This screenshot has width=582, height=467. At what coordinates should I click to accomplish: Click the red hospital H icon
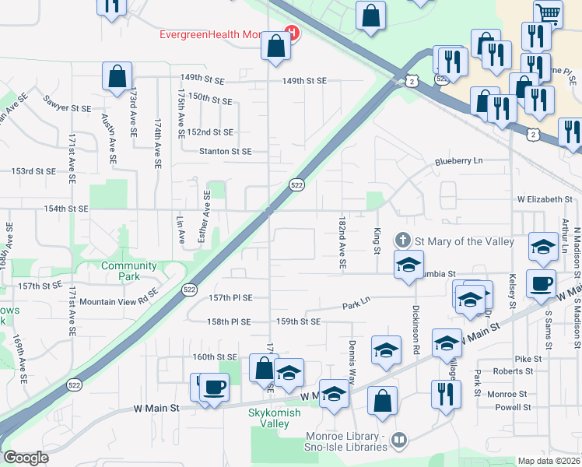pyautogui.click(x=292, y=33)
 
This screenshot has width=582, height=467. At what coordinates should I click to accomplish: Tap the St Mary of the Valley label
pyautogui.click(x=465, y=241)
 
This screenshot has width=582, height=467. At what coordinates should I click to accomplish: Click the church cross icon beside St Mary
pyautogui.click(x=403, y=240)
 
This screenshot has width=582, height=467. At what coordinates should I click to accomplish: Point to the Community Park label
pyautogui.click(x=128, y=271)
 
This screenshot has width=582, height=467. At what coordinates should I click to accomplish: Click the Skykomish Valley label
pyautogui.click(x=279, y=418)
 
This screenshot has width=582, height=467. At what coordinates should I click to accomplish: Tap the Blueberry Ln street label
pyautogui.click(x=459, y=160)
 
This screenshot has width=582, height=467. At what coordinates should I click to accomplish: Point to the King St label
pyautogui.click(x=377, y=240)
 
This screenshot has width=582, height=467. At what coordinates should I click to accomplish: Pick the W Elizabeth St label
pyautogui.click(x=545, y=200)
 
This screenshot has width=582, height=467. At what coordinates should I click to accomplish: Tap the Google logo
pyautogui.click(x=26, y=458)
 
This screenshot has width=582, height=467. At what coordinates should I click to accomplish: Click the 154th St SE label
pyautogui.click(x=66, y=209)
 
